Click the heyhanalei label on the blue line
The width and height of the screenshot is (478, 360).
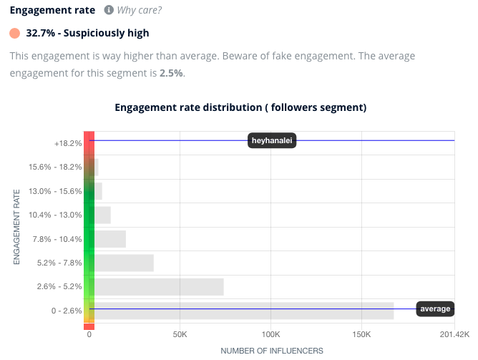tap(273, 141)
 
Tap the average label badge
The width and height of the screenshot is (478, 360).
tap(435, 308)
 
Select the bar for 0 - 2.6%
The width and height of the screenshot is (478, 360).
tap(244, 310)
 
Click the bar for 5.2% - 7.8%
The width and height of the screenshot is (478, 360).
tap(124, 263)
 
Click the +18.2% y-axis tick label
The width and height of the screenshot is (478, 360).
tap(68, 143)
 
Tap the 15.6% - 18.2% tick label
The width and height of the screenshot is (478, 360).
tap(54, 167)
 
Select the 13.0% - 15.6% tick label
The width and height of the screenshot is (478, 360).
tap(54, 191)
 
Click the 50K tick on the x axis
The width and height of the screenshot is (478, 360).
tap(180, 334)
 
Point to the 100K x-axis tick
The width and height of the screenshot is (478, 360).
tap(270, 334)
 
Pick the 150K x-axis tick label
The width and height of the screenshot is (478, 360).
tap(361, 334)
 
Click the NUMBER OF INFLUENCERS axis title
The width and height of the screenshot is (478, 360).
tap(271, 351)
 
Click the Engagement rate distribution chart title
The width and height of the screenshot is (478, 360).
tap(240, 107)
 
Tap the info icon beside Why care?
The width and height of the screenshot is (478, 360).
tap(109, 11)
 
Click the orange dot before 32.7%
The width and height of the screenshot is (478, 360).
tap(15, 33)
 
